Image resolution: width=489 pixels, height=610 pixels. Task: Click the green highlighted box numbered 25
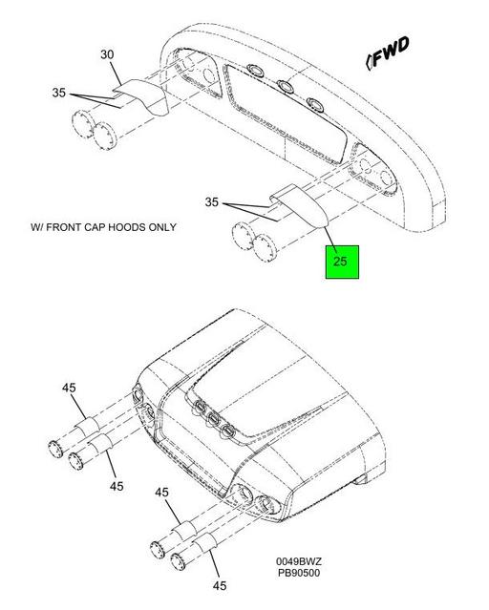coord(342,262)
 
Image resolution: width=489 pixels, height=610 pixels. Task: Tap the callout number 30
coord(108,54)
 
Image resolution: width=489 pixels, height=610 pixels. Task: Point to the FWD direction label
coord(388,53)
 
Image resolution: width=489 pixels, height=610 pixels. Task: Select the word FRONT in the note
coord(63,227)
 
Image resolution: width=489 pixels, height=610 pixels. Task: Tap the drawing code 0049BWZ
coord(299,561)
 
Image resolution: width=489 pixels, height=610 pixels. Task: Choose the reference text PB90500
coord(299,573)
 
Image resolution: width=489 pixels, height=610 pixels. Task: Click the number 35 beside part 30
coord(59,93)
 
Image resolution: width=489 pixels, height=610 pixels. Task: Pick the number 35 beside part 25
coord(212,202)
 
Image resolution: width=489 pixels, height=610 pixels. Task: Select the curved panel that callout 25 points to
coord(301,205)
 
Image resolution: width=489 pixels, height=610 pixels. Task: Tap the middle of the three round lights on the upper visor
coord(285,86)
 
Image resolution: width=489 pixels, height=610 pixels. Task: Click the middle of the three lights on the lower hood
coord(213,418)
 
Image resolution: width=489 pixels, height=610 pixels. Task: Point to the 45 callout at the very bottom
coord(220,585)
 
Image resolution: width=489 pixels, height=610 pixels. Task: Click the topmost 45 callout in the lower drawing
coord(69,388)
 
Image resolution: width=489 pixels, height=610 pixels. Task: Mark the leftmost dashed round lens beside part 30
coord(83,124)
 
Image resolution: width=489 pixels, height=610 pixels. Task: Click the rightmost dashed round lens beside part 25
coord(266,248)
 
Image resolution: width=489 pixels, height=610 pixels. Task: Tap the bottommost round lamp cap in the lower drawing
coord(179,561)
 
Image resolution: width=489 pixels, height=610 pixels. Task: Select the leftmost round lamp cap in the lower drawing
coord(55,450)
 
